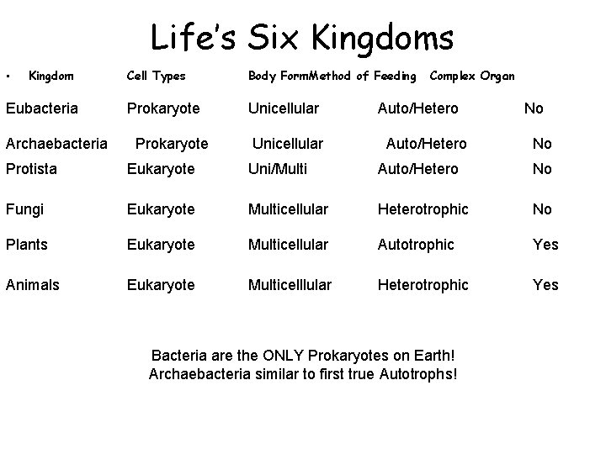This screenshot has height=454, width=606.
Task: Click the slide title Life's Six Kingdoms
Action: pyautogui.click(x=301, y=38)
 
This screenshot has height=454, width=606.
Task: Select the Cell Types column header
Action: pyautogui.click(x=156, y=77)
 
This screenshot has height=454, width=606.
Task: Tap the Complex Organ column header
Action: pyautogui.click(x=472, y=77)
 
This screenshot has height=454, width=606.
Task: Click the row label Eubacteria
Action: pyautogui.click(x=41, y=108)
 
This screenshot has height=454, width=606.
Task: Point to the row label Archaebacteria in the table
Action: pyautogui.click(x=56, y=144)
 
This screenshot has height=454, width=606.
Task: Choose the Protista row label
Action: pyautogui.click(x=31, y=169)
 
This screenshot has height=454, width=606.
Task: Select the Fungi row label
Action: pyautogui.click(x=25, y=209)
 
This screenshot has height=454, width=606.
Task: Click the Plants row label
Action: pyautogui.click(x=27, y=245)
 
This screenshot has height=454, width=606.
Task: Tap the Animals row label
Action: pyautogui.click(x=33, y=285)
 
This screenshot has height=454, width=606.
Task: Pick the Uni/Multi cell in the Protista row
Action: pyautogui.click(x=278, y=169)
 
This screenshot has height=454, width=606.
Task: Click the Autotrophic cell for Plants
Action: pyautogui.click(x=416, y=245)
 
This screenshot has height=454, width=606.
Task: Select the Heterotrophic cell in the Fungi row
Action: pyautogui.click(x=423, y=209)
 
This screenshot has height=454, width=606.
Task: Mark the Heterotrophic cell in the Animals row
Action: pyautogui.click(x=423, y=285)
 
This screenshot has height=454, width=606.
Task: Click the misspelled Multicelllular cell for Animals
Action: pyautogui.click(x=290, y=285)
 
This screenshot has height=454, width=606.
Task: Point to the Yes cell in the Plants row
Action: pyautogui.click(x=545, y=245)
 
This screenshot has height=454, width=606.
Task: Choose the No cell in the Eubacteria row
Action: pyautogui.click(x=534, y=108)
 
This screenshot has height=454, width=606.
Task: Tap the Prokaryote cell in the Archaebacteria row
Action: pyautogui.click(x=172, y=144)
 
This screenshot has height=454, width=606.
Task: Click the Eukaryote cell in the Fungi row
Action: pyautogui.click(x=161, y=209)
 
